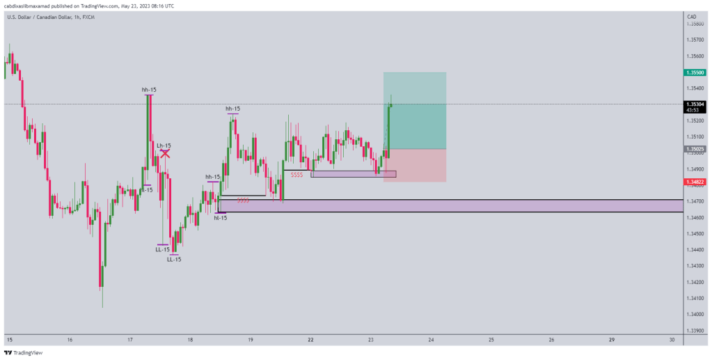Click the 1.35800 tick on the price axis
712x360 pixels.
tap(694, 24)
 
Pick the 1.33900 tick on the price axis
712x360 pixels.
tap(694, 331)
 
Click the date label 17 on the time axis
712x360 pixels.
tap(130, 340)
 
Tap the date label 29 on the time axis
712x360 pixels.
tap(611, 340)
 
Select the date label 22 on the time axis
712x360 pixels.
tap(310, 340)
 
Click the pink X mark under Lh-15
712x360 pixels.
tap(166, 153)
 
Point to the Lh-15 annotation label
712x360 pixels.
tap(164, 145)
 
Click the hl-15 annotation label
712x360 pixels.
tap(220, 218)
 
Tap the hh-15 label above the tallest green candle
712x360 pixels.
tap(148, 89)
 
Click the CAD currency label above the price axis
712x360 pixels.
tap(691, 16)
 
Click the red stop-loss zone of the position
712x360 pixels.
tap(415, 165)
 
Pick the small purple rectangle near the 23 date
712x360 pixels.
tap(354, 173)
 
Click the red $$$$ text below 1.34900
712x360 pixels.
tap(296, 175)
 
